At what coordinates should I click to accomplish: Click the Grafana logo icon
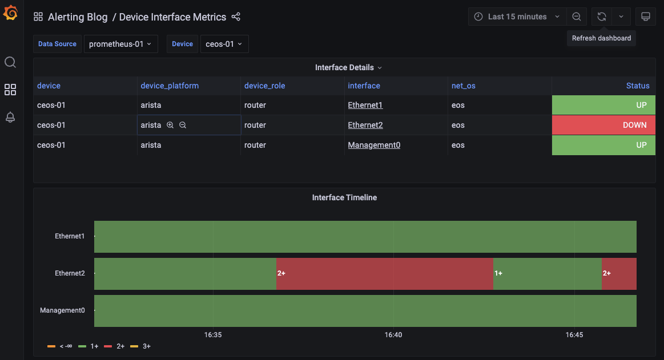click(10, 13)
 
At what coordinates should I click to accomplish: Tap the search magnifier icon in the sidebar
click(10, 62)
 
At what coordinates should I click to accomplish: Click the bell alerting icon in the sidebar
click(10, 117)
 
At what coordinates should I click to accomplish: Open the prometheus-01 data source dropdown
click(120, 44)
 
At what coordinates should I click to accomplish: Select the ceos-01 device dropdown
click(224, 44)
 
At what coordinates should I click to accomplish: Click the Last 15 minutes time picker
click(517, 17)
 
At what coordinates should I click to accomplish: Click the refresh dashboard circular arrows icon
click(601, 17)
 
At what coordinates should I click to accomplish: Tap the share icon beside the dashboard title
click(236, 17)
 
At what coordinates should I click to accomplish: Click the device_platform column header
click(170, 86)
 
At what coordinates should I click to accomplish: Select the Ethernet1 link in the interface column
click(365, 105)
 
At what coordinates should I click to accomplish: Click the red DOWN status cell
click(603, 125)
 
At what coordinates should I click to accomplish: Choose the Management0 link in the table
click(374, 145)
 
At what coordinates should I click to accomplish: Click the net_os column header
click(463, 86)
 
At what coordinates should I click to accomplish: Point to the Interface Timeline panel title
click(344, 197)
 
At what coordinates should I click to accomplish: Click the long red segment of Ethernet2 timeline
click(384, 273)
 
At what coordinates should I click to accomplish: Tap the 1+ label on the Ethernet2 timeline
click(498, 273)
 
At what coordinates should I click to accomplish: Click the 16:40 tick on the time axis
click(393, 335)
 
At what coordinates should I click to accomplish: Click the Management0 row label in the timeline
click(62, 310)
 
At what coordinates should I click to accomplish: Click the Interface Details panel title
click(344, 67)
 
